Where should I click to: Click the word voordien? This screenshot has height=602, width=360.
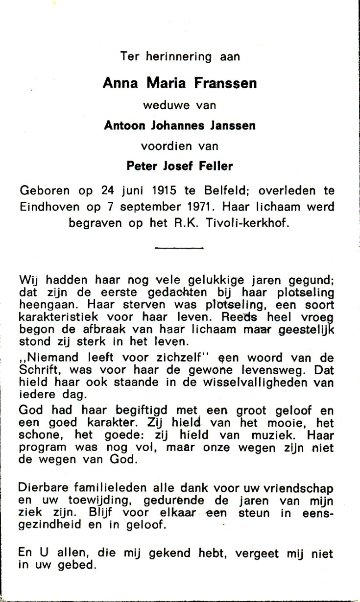point(165,145)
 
